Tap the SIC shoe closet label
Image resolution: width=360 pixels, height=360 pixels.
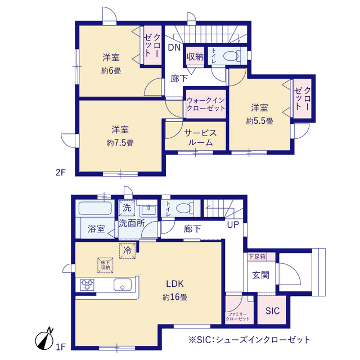(x=272, y=310)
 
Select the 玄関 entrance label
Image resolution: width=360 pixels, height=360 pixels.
(x=260, y=275)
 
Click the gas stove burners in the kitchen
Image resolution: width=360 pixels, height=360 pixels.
(x=87, y=285)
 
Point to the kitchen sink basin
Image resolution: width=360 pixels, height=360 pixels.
(x=123, y=285)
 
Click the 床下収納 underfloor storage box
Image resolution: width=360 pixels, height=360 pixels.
(x=105, y=265)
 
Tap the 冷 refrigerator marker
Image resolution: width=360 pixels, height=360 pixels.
(x=128, y=250)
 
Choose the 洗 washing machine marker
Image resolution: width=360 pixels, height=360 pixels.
(x=127, y=208)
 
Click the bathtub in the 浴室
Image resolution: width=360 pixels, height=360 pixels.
(x=95, y=208)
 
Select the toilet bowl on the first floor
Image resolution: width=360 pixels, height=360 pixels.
(x=184, y=208)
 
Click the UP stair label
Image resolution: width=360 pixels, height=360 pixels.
(x=233, y=225)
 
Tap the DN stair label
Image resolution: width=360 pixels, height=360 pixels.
(x=174, y=47)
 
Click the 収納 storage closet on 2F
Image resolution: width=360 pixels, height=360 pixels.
(x=195, y=56)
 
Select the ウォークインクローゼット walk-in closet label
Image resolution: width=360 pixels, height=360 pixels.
(x=206, y=104)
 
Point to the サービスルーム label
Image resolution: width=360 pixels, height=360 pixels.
(x=200, y=137)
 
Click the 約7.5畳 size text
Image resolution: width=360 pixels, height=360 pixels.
(x=120, y=143)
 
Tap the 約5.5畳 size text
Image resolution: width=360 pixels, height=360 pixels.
(x=259, y=121)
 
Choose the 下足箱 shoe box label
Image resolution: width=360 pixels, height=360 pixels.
(x=257, y=256)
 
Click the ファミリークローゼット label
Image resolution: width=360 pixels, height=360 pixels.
(x=237, y=317)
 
